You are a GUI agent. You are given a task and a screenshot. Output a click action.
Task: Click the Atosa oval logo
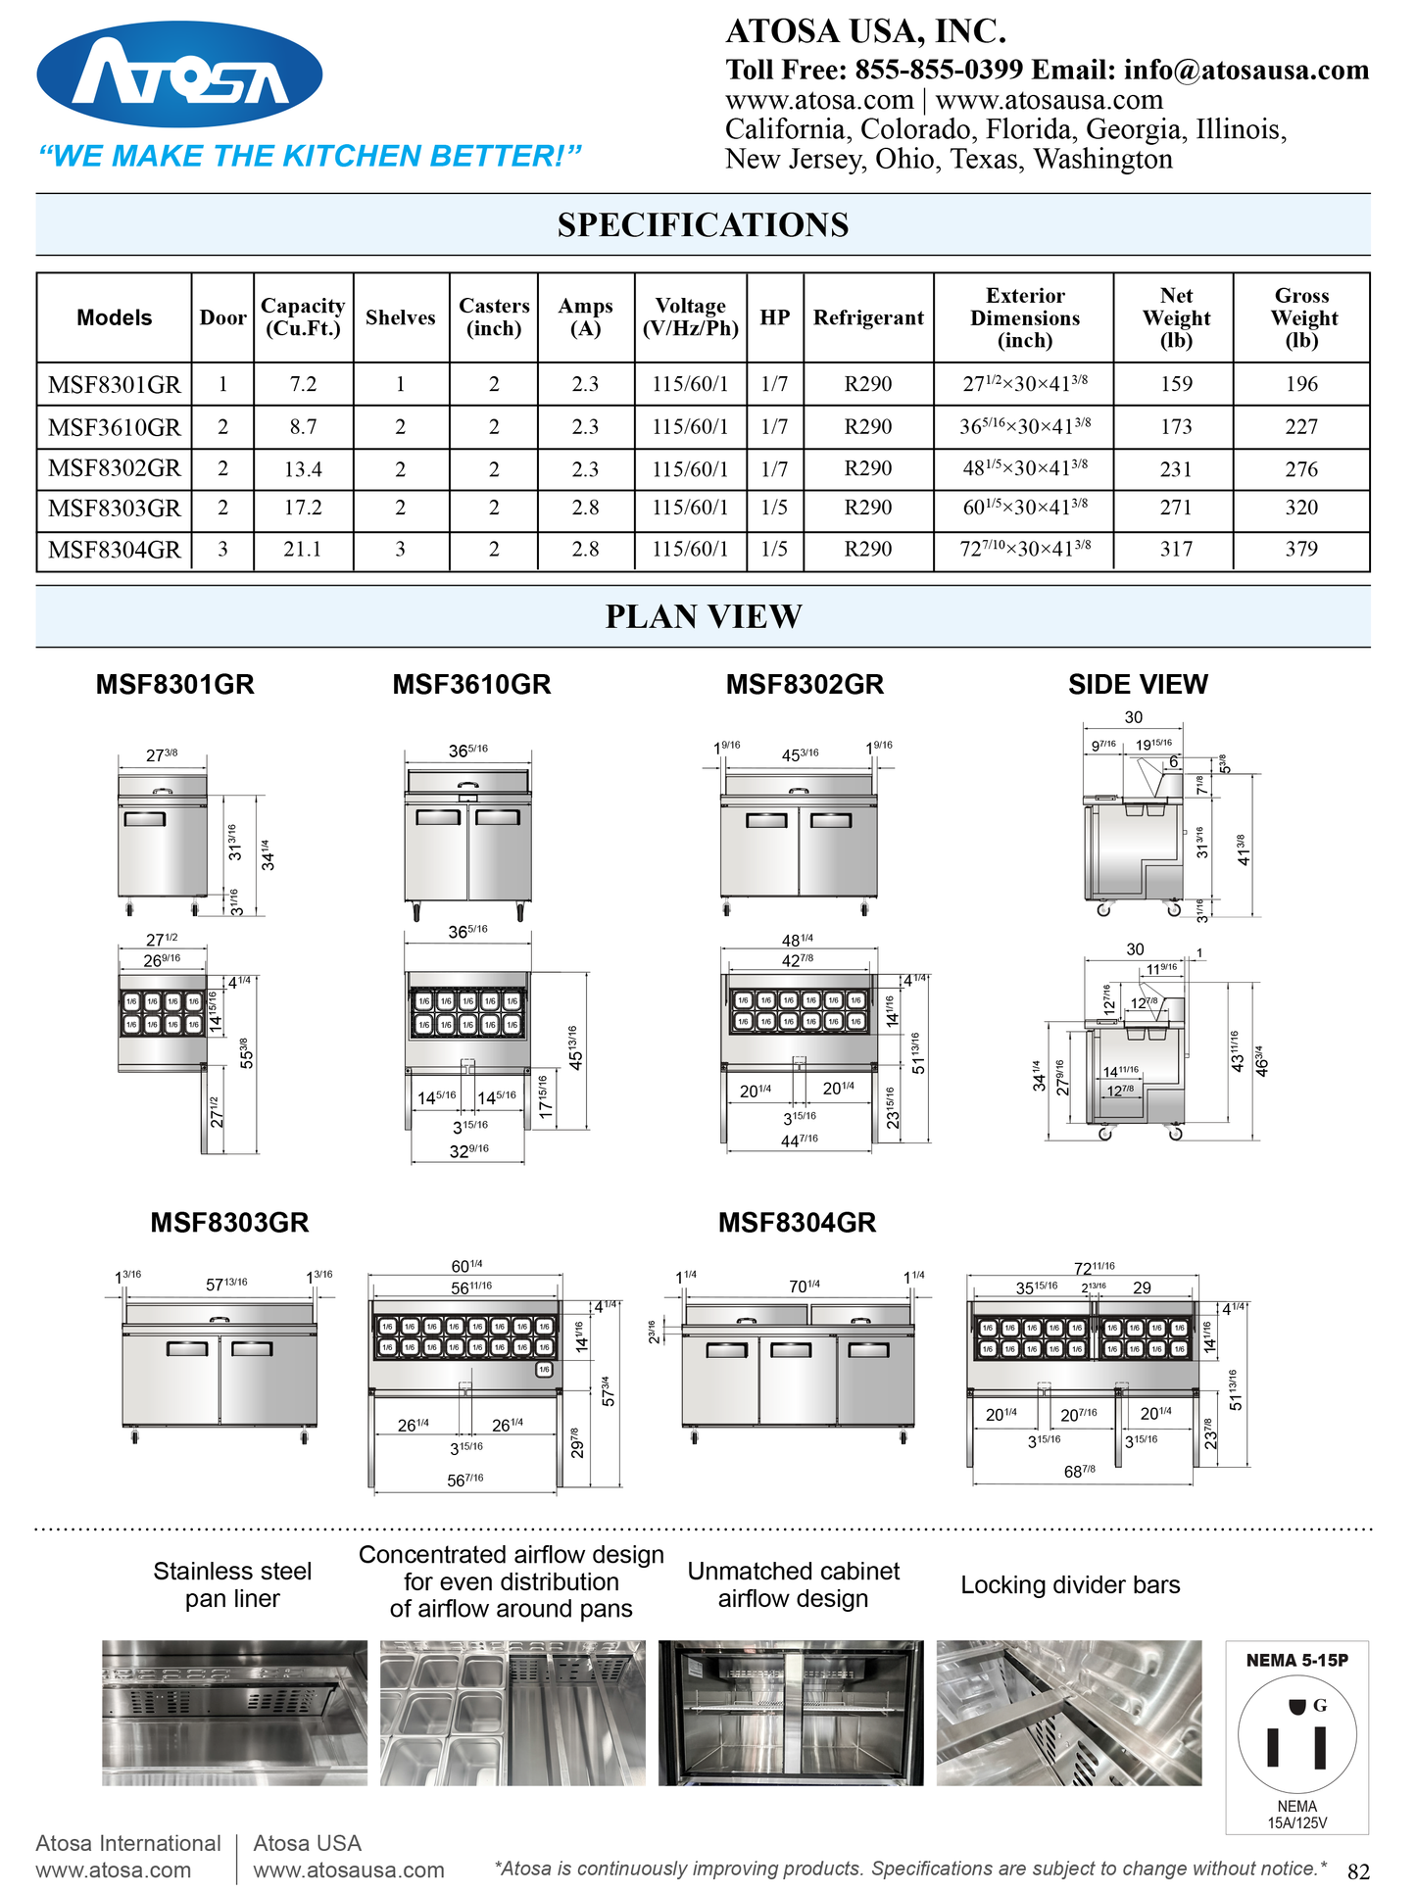click(x=179, y=74)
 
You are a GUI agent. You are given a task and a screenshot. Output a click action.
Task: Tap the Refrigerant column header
click(x=868, y=317)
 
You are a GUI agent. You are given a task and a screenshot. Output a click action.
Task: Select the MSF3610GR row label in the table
click(x=114, y=427)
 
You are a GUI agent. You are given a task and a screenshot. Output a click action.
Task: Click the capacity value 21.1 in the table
click(x=303, y=550)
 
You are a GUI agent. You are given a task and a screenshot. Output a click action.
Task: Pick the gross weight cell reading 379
click(x=1301, y=550)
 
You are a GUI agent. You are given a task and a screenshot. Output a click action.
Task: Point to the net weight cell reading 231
click(x=1176, y=469)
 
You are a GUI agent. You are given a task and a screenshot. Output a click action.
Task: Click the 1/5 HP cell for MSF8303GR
click(x=774, y=508)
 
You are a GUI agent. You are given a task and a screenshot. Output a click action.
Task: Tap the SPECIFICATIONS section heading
click(x=703, y=225)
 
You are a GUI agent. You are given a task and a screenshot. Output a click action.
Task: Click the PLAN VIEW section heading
click(x=703, y=616)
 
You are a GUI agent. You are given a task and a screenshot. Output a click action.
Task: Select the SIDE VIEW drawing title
click(x=1138, y=685)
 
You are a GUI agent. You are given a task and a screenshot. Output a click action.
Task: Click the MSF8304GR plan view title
click(x=797, y=1223)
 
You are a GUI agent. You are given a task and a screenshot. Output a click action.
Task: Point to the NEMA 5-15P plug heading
click(x=1296, y=1660)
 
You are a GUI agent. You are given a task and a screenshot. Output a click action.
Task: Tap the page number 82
click(x=1358, y=1871)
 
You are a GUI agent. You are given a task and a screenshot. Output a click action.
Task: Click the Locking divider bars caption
click(x=1070, y=1585)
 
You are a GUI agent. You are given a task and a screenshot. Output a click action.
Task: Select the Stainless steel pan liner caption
click(x=232, y=1585)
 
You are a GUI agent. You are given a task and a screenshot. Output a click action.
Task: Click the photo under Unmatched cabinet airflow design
click(x=791, y=1713)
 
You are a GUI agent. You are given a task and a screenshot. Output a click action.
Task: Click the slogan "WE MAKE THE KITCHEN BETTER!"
click(x=310, y=156)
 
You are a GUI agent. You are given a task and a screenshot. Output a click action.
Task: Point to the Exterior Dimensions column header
click(x=1025, y=317)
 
